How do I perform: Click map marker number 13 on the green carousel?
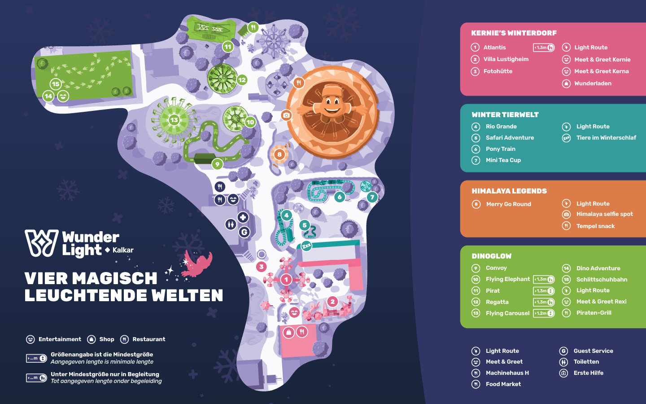[174, 120]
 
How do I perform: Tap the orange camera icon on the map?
[286, 115]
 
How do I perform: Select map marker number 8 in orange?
[279, 154]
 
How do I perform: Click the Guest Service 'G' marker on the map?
[244, 232]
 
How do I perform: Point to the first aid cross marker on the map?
[243, 217]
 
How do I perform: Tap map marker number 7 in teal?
[372, 197]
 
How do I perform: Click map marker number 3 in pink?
[262, 267]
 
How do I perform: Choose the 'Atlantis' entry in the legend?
[494, 48]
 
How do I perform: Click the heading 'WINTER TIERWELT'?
[505, 115]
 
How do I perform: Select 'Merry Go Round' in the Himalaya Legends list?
[508, 204]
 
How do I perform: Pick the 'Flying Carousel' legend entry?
[507, 313]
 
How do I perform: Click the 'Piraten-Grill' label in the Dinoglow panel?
[594, 313]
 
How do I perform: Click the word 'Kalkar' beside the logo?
[123, 250]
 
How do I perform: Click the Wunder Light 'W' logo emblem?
[42, 243]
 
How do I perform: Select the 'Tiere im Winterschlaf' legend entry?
[606, 138]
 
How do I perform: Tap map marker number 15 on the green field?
[56, 84]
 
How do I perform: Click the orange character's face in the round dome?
[332, 105]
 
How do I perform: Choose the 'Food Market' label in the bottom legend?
[503, 384]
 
